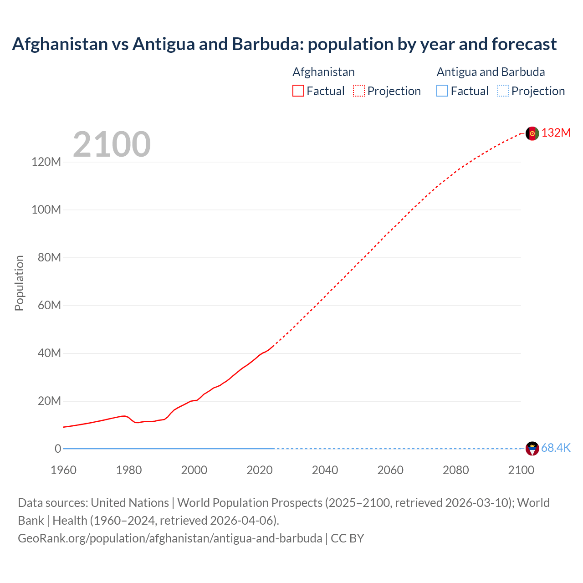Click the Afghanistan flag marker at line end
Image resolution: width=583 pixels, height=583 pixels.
point(532,133)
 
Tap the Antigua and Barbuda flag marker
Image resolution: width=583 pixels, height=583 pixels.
point(532,449)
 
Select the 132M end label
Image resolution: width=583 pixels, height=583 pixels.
point(556,133)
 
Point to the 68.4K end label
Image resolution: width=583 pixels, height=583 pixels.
point(556,448)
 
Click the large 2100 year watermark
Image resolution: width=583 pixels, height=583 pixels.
point(112,144)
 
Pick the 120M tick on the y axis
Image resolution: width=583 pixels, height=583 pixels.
point(46,162)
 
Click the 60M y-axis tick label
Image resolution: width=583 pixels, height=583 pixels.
point(49,305)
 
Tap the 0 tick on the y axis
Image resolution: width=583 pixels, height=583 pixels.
point(58,449)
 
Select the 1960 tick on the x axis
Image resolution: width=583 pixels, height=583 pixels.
point(63,470)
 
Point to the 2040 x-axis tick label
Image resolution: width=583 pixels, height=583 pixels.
point(325,470)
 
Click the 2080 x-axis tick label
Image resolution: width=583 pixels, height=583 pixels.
point(455,470)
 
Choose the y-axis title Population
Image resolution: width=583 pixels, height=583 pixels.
point(19,283)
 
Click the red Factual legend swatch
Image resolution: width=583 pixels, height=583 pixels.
point(298,91)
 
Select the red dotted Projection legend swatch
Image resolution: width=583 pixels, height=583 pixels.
point(359,91)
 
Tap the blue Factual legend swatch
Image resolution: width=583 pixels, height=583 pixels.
point(442,91)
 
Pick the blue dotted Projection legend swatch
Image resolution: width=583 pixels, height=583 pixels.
point(503,91)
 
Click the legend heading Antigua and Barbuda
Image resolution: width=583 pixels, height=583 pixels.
point(491,72)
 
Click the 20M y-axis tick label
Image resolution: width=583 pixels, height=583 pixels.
point(49,401)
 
